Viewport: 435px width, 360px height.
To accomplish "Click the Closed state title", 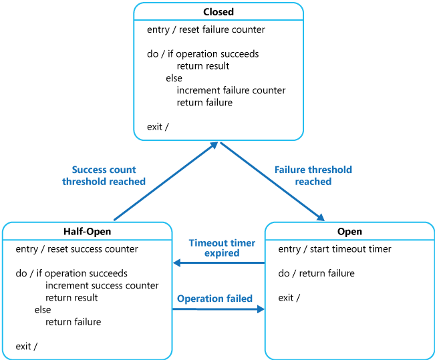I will [219, 12].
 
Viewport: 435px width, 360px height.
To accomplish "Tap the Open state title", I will [349, 232].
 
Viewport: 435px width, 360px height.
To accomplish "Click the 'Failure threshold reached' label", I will [313, 176].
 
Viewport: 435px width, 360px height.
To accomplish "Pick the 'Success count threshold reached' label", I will [104, 176].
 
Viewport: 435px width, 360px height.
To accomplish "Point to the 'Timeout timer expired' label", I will [214, 248].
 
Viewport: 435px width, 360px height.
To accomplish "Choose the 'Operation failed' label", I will [214, 299].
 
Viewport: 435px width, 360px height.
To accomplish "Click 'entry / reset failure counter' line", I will [206, 29].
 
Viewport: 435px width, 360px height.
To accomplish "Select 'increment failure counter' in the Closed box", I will [231, 90].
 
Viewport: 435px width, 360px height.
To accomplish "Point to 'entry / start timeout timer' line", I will [335, 249].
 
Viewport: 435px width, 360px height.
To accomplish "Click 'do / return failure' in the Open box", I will [317, 273].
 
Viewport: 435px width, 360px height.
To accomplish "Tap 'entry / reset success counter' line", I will [77, 249].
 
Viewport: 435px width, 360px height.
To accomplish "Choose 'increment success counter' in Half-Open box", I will [102, 286].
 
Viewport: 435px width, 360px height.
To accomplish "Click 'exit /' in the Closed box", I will [158, 127].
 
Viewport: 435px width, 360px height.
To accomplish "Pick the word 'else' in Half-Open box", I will [43, 310].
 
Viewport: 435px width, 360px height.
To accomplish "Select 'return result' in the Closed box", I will [202, 66].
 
